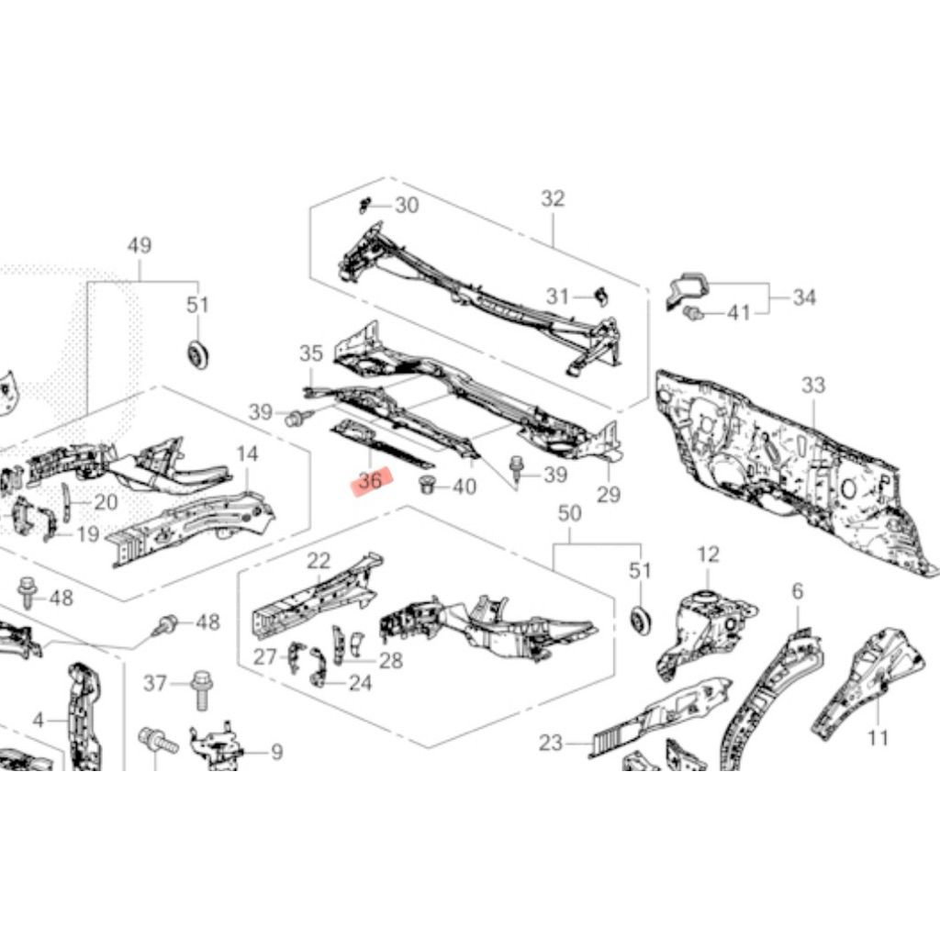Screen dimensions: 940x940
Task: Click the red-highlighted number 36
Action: coord(371,480)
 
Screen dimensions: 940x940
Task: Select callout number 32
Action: coord(553,199)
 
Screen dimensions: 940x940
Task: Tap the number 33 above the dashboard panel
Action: coord(814,386)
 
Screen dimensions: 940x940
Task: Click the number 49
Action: coord(140,245)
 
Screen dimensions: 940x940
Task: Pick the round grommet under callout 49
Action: coord(196,353)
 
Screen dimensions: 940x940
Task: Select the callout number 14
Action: coord(248,453)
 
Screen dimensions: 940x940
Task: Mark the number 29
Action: coord(608,496)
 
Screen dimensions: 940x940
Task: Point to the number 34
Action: coord(805,297)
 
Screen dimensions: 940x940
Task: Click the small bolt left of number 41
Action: coord(696,315)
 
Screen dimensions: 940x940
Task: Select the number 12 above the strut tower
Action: coord(709,554)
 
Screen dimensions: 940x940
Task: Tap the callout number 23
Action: coord(551,744)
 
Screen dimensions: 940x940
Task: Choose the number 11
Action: coord(878,737)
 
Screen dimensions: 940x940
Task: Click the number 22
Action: coord(319,561)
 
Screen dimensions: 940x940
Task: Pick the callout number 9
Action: coord(275,753)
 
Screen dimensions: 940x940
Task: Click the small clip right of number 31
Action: coord(601,295)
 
